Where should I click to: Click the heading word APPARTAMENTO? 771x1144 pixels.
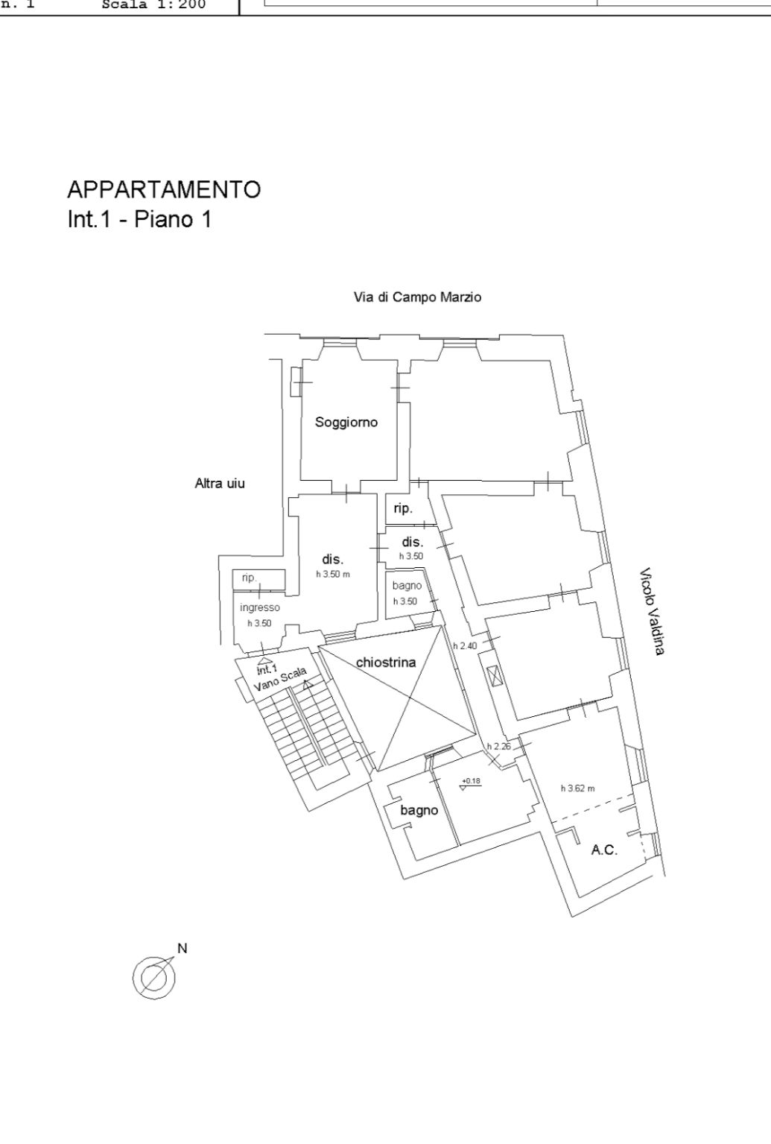pyautogui.click(x=164, y=189)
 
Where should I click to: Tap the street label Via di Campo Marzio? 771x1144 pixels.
pyautogui.click(x=417, y=297)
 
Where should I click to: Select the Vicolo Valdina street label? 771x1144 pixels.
pyautogui.click(x=651, y=612)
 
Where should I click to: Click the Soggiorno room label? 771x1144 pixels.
pyautogui.click(x=346, y=422)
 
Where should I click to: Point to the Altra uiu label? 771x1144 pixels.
pyautogui.click(x=220, y=484)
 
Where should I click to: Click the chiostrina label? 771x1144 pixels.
pyautogui.click(x=386, y=662)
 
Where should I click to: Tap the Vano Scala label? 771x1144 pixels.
pyautogui.click(x=281, y=680)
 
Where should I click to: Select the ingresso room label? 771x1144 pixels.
pyautogui.click(x=260, y=607)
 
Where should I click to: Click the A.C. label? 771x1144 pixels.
pyautogui.click(x=604, y=850)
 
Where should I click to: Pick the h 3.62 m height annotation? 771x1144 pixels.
pyautogui.click(x=577, y=789)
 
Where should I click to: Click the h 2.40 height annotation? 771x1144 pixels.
pyautogui.click(x=465, y=645)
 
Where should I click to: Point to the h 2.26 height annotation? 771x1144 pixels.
pyautogui.click(x=498, y=746)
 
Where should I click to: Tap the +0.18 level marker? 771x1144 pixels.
pyautogui.click(x=471, y=781)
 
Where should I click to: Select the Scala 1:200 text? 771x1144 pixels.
pyautogui.click(x=153, y=5)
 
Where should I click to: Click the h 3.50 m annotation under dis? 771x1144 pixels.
pyautogui.click(x=332, y=574)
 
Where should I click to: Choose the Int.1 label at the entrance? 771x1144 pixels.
pyautogui.click(x=267, y=668)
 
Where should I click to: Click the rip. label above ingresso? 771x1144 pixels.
pyautogui.click(x=249, y=578)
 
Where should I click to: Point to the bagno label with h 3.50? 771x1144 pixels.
pyautogui.click(x=407, y=586)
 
